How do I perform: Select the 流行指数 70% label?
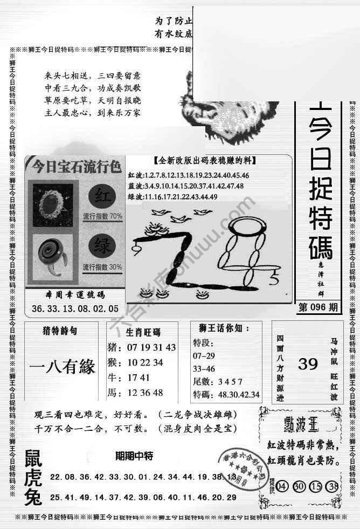pos(102,216)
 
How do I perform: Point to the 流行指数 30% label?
pos(102,267)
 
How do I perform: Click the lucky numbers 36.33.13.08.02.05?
pos(75,310)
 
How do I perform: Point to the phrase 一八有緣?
pos(61,367)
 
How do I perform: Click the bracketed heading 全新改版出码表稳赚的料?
pos(204,161)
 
